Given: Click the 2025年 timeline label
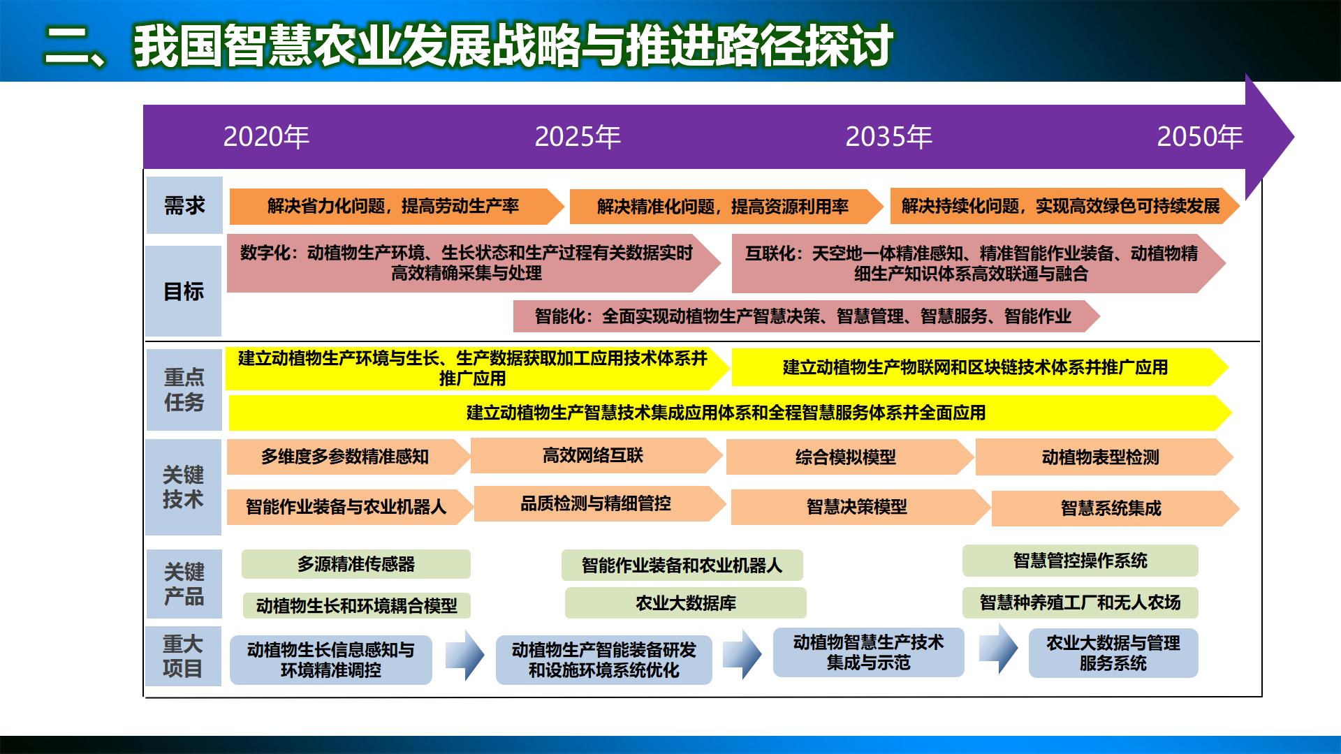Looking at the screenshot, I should pyautogui.click(x=578, y=137).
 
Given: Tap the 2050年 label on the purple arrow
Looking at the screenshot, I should pyautogui.click(x=1199, y=137).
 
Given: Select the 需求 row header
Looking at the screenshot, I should pyautogui.click(x=184, y=205).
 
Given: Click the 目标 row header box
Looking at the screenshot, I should pyautogui.click(x=184, y=291).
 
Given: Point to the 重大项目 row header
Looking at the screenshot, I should pyautogui.click(x=183, y=656).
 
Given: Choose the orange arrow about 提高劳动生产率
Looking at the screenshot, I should pyautogui.click(x=393, y=206).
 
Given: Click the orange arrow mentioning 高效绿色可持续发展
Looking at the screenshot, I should pyautogui.click(x=1060, y=206).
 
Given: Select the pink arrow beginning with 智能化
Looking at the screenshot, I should pyautogui.click(x=803, y=316).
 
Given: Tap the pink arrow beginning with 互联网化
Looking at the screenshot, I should pyautogui.click(x=971, y=263).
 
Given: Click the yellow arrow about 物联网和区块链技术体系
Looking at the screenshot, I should pyautogui.click(x=975, y=367).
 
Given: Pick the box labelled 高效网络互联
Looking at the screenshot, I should pyautogui.click(x=593, y=456).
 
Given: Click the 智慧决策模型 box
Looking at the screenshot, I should pyautogui.click(x=856, y=507).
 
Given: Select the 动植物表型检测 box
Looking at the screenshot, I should pyautogui.click(x=1100, y=457).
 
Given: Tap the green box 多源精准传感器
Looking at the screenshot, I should pyautogui.click(x=356, y=564).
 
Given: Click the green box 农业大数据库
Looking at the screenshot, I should pyautogui.click(x=685, y=603).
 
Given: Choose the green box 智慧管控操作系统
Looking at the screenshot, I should pyautogui.click(x=1080, y=561).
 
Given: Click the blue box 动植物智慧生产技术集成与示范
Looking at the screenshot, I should pyautogui.click(x=868, y=652).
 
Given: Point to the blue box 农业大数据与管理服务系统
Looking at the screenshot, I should pyautogui.click(x=1113, y=653).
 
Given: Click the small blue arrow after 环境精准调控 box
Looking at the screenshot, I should pyautogui.click(x=464, y=656).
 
